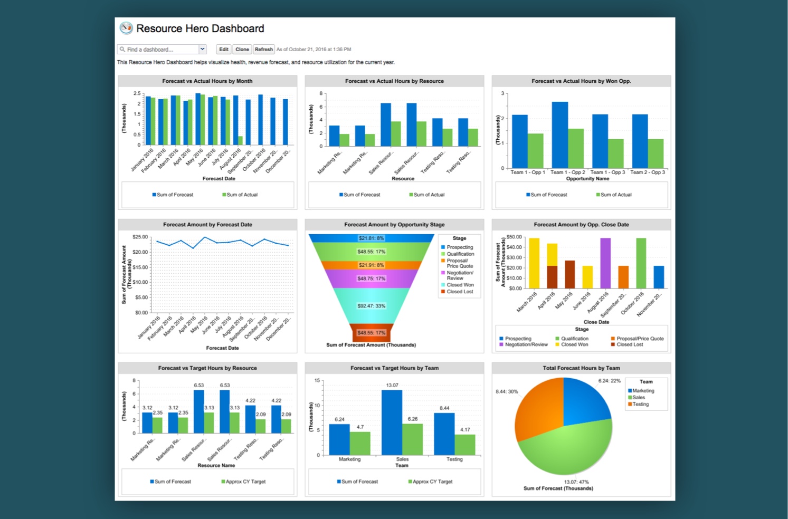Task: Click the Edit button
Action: (224, 50)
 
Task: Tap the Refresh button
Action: (263, 50)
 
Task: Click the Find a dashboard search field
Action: (158, 50)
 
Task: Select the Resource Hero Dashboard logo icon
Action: (126, 28)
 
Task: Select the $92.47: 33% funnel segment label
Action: (372, 306)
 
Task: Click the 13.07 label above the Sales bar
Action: (392, 386)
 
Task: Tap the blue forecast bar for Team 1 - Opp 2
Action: (559, 135)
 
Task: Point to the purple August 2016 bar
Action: (605, 263)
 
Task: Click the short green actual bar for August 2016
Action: (240, 140)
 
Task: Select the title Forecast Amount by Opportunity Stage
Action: (394, 225)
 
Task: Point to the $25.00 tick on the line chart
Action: (140, 237)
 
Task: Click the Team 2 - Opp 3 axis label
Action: (648, 172)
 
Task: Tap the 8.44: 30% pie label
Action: (507, 392)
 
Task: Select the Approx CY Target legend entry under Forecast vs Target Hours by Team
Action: (430, 482)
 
